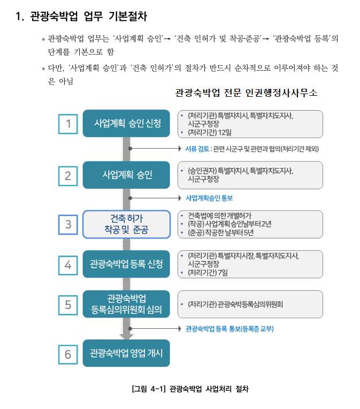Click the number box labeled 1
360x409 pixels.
(68, 124)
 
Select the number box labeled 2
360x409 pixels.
(68, 175)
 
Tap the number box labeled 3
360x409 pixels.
(68, 225)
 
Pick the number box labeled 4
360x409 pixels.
(68, 264)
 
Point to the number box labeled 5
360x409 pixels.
(68, 304)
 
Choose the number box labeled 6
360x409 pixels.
(68, 353)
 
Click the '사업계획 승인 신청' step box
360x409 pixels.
(126, 124)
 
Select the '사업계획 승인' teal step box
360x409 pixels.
(126, 175)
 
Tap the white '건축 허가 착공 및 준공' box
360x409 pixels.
(126, 225)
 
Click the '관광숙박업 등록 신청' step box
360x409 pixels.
(126, 264)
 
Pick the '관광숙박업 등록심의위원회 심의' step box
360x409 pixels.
(126, 304)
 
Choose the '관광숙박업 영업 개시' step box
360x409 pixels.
(126, 353)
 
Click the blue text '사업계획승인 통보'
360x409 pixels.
(209, 198)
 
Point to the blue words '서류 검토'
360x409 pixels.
(197, 149)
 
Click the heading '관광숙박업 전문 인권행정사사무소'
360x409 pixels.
(246, 93)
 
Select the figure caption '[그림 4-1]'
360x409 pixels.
(149, 389)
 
